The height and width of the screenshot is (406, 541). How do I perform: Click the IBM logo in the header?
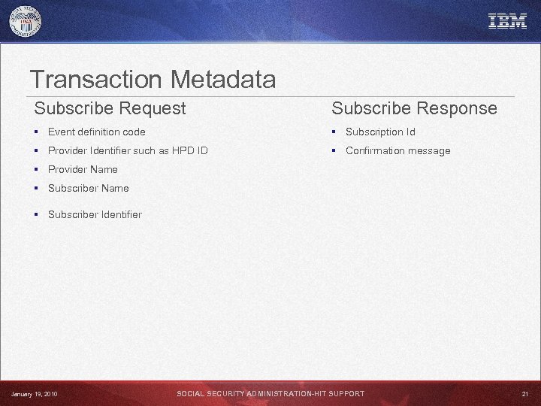[507, 21]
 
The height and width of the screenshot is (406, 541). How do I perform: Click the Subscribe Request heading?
[110, 108]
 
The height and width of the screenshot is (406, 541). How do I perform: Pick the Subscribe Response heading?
[414, 108]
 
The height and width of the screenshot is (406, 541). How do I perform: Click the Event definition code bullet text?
[96, 132]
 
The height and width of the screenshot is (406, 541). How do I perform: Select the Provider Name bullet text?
[83, 169]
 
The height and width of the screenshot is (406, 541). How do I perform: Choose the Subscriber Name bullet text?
[88, 188]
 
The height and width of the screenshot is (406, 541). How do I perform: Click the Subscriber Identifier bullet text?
[95, 214]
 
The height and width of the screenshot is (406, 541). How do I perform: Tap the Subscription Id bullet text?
[380, 132]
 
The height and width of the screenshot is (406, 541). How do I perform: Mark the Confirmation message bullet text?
[397, 150]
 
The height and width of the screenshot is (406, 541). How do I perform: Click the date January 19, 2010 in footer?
[35, 394]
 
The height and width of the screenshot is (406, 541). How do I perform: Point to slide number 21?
[524, 394]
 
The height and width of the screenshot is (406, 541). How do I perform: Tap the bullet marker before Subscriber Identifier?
[37, 214]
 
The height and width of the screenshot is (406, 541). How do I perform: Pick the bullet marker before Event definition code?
[37, 132]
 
